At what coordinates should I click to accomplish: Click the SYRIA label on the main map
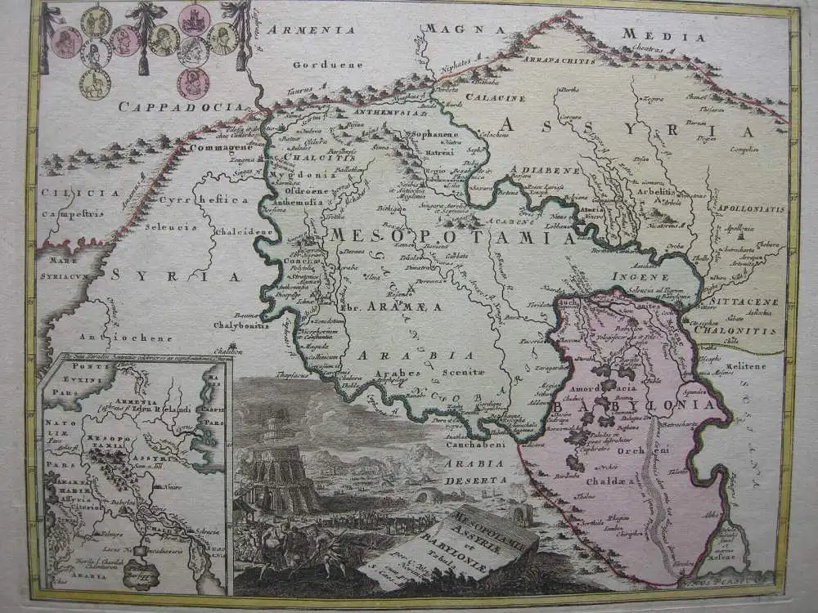175,276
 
